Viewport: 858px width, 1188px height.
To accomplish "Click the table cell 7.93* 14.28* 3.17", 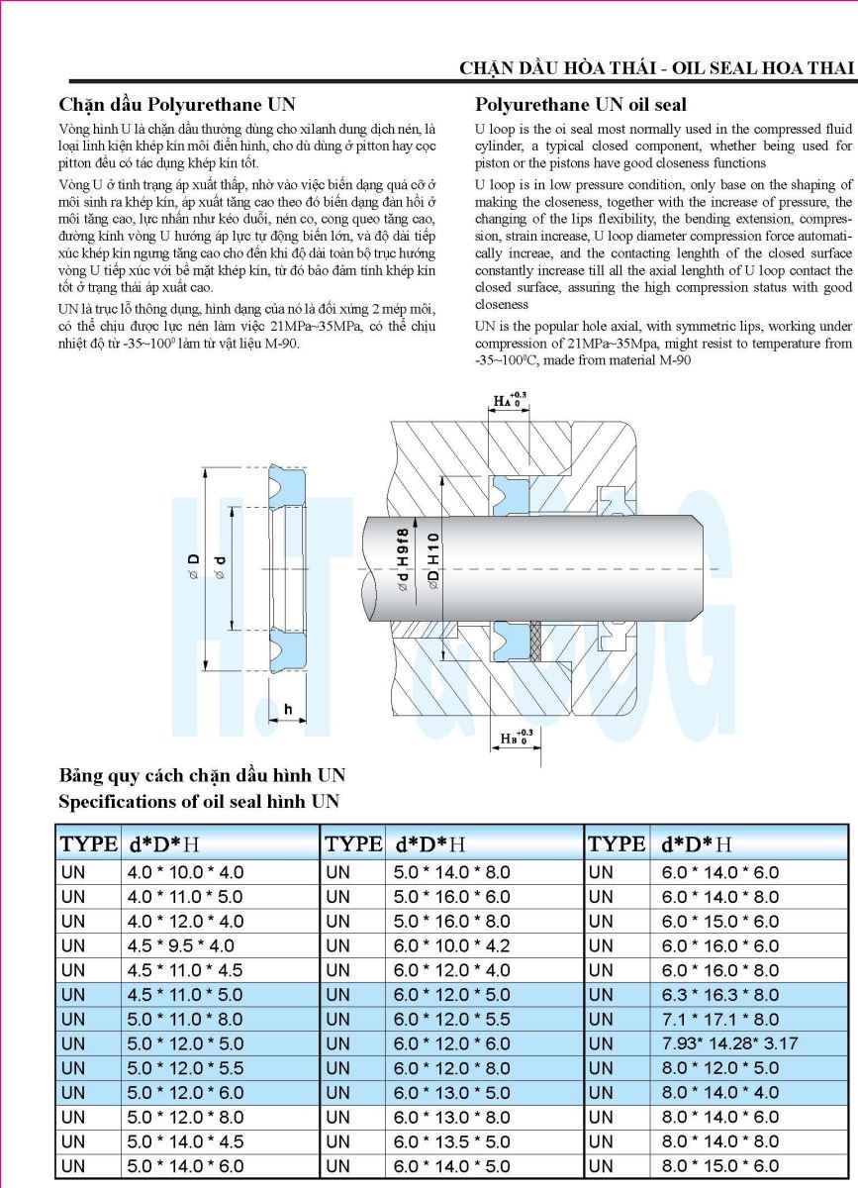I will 729,1043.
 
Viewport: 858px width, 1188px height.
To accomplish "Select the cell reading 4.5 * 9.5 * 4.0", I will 181,945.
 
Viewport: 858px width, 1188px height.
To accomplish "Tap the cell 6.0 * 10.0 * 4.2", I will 450,945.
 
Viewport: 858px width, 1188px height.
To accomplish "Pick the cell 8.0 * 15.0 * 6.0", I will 719,1166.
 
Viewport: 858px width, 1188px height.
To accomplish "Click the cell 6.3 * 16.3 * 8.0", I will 719,994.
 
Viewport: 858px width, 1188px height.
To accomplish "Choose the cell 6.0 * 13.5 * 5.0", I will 450,1141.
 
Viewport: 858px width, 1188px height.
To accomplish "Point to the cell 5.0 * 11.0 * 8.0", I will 185,1019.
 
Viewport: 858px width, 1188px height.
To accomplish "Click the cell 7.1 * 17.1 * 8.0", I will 719,1019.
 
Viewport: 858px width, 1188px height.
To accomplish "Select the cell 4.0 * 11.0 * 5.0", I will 185,897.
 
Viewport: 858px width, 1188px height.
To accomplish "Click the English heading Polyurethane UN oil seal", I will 581,104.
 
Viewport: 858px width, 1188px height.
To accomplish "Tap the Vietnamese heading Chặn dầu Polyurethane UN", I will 177,104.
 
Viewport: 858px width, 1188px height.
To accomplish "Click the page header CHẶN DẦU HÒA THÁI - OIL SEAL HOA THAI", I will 656,67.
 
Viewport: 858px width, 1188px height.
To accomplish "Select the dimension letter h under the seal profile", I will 288,710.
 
